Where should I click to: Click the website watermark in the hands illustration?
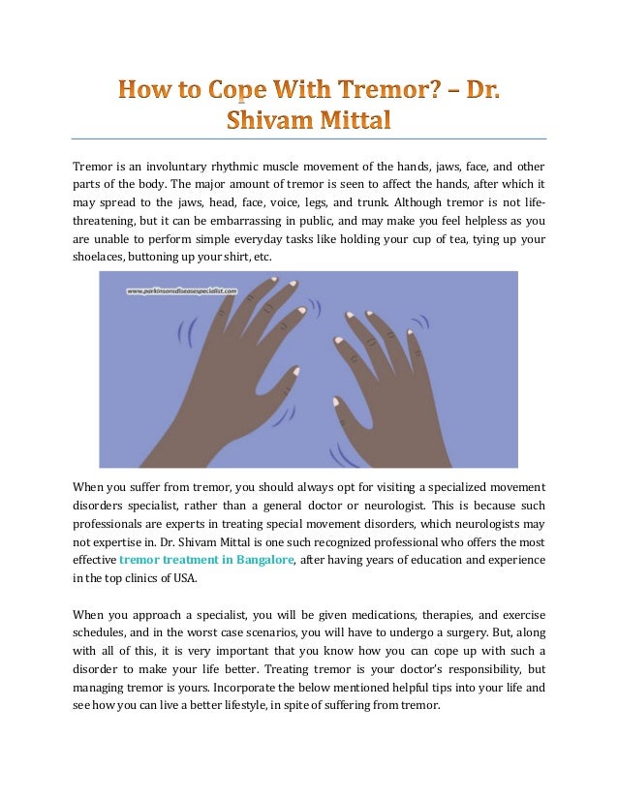click(x=182, y=289)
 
